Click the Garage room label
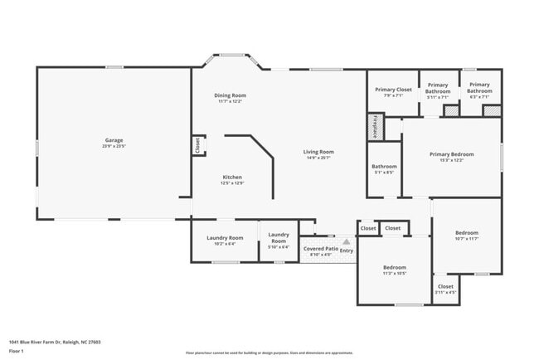[x=114, y=140]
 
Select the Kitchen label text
[x=231, y=178]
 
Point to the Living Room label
[x=318, y=152]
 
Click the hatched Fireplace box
[x=373, y=127]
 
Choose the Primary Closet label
[x=393, y=90]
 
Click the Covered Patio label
[x=320, y=249]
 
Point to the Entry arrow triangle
[x=346, y=242]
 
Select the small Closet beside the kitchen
[x=198, y=145]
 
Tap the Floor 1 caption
[x=17, y=351]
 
